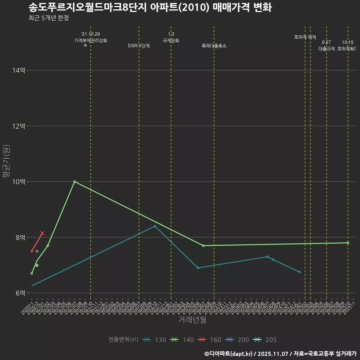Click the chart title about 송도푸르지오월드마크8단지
coord(150,7)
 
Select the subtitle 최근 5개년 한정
coord(48,18)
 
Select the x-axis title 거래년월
coord(192,320)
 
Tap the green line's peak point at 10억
coord(75,181)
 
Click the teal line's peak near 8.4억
coord(155,226)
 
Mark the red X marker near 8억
coord(42,233)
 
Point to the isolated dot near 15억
coord(85,45)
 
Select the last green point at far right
coord(348,243)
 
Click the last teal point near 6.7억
coord(300,272)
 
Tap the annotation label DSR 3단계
coord(139,46)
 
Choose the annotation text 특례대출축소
coord(214,46)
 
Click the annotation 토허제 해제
coord(305,37)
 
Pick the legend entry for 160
coord(210,340)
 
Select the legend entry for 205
coord(265,340)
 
